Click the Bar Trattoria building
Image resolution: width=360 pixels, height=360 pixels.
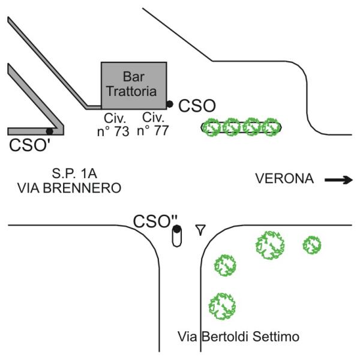tap(133, 85)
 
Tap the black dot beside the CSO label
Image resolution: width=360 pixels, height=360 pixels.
tap(170, 104)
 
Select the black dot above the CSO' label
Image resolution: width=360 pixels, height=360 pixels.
tap(49, 131)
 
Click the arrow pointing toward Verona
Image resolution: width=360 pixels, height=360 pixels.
tap(339, 179)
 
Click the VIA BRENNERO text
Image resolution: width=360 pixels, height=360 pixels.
tap(69, 188)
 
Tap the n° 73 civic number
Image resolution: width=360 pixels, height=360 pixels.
tap(113, 130)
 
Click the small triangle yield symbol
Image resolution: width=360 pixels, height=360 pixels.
tap(201, 228)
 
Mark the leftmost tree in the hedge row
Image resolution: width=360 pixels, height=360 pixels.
tap(211, 127)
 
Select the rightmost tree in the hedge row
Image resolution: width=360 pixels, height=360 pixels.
tap(271, 127)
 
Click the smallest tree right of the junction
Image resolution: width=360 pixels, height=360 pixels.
tap(311, 245)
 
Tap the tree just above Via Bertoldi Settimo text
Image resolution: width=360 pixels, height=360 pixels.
tap(222, 305)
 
